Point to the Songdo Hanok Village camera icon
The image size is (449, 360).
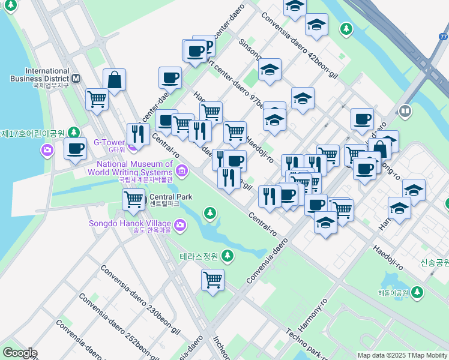pyautogui.click(x=181, y=225)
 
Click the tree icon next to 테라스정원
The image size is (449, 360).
pyautogui.click(x=227, y=256)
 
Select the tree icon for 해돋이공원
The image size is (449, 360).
pyautogui.click(x=417, y=293)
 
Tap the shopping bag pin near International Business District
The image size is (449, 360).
pyautogui.click(x=114, y=80)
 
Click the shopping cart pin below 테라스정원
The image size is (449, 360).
pyautogui.click(x=212, y=280)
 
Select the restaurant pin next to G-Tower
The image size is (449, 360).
pyautogui.click(x=138, y=134)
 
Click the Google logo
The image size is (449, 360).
pyautogui.click(x=20, y=353)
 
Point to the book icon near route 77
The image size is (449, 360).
pyautogui.click(x=405, y=112)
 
